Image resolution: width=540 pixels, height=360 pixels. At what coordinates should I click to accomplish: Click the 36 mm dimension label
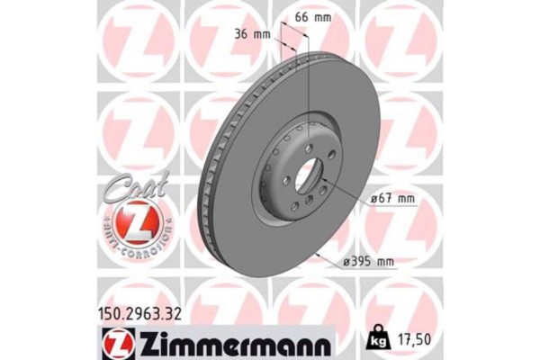tap(252, 34)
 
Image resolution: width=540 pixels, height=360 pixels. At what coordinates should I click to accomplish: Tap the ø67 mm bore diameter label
tap(393, 197)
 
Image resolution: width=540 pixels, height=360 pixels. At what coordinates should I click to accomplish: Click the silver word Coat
tap(133, 189)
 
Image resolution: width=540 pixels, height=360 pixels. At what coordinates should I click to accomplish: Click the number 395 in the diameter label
tap(361, 262)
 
